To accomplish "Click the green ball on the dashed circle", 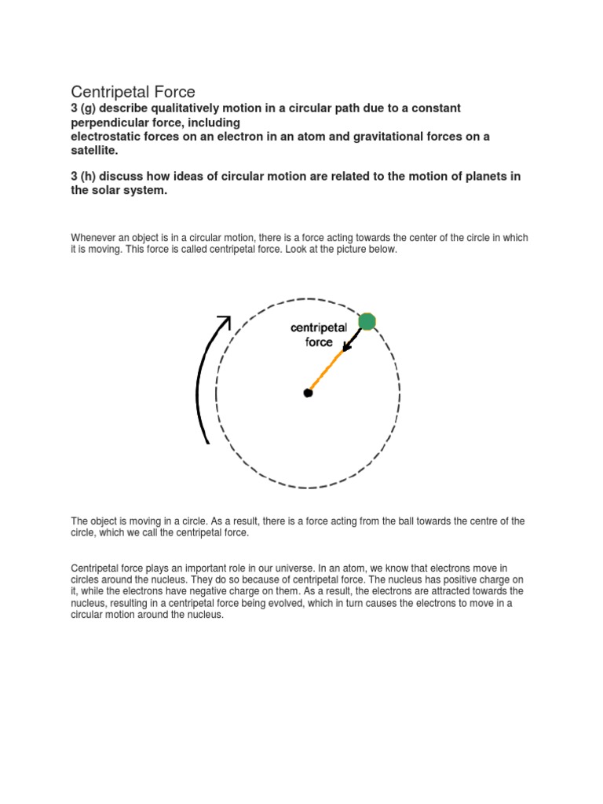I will (367, 320).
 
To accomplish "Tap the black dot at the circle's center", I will (308, 393).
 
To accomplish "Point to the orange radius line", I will (326, 371).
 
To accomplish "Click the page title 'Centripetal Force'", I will (133, 92).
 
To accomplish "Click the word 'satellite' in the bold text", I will (93, 150).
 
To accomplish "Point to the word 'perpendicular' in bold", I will (115, 122).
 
